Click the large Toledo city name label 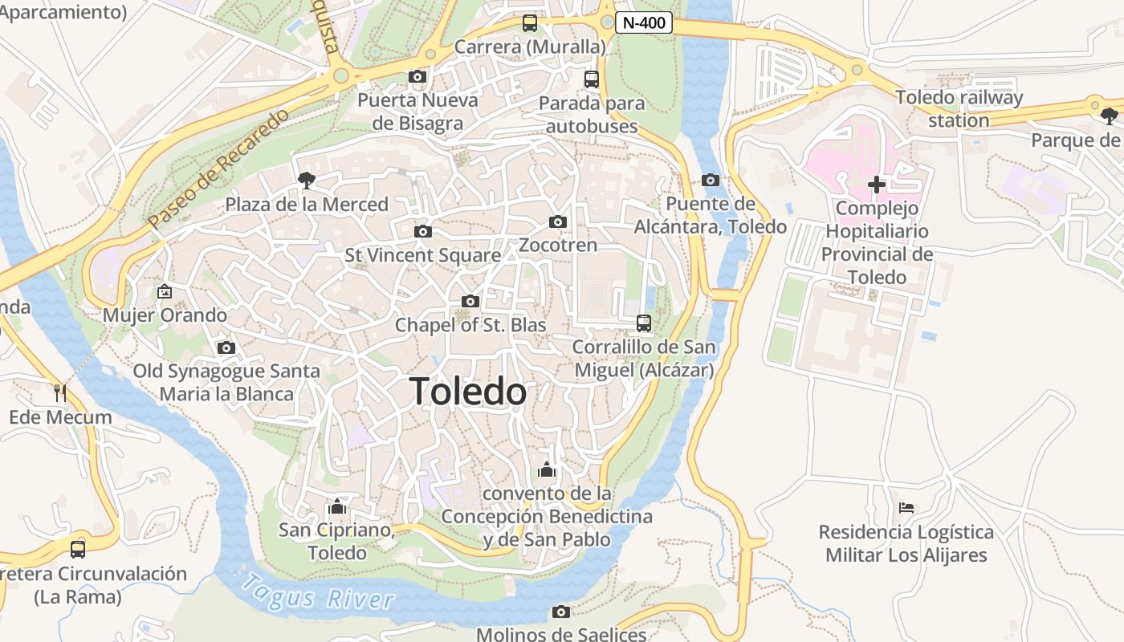[x=468, y=392]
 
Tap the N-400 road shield [x=644, y=23]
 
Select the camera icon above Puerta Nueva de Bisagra [x=417, y=77]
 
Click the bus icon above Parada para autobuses [x=592, y=79]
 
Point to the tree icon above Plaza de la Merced [x=306, y=181]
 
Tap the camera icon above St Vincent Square [x=422, y=232]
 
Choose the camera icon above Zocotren [x=558, y=222]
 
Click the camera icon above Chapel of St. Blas [x=470, y=302]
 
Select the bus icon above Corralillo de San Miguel [x=644, y=323]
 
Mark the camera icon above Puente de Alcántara [x=711, y=181]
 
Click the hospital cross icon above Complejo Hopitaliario [x=877, y=185]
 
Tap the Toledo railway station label [x=959, y=109]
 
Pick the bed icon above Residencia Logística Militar [x=906, y=508]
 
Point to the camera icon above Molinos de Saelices [x=561, y=612]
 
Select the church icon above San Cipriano [x=337, y=507]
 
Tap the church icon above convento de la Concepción [x=547, y=469]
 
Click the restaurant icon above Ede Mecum [x=60, y=392]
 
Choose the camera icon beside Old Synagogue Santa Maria [x=226, y=348]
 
